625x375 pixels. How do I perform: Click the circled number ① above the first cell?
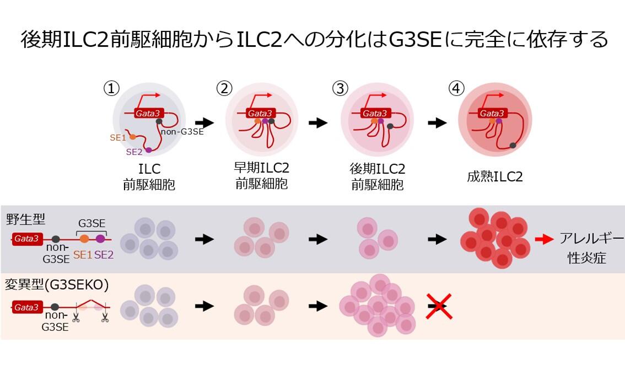pyautogui.click(x=112, y=88)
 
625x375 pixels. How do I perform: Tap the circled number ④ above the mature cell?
pyautogui.click(x=457, y=88)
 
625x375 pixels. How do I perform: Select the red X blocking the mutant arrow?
pyautogui.click(x=439, y=306)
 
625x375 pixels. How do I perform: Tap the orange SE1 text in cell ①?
pyautogui.click(x=118, y=138)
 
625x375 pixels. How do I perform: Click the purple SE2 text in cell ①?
pyautogui.click(x=134, y=152)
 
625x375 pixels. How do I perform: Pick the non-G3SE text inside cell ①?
pyautogui.click(x=182, y=131)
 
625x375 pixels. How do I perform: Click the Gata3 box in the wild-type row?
pyautogui.click(x=26, y=239)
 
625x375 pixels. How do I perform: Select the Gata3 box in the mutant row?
pyautogui.click(x=26, y=307)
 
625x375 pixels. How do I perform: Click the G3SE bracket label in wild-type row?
pyautogui.click(x=91, y=223)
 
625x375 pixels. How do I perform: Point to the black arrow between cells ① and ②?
pyautogui.click(x=204, y=122)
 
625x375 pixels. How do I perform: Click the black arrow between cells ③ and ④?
pyautogui.click(x=437, y=122)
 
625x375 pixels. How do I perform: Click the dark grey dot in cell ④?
pyautogui.click(x=513, y=145)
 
